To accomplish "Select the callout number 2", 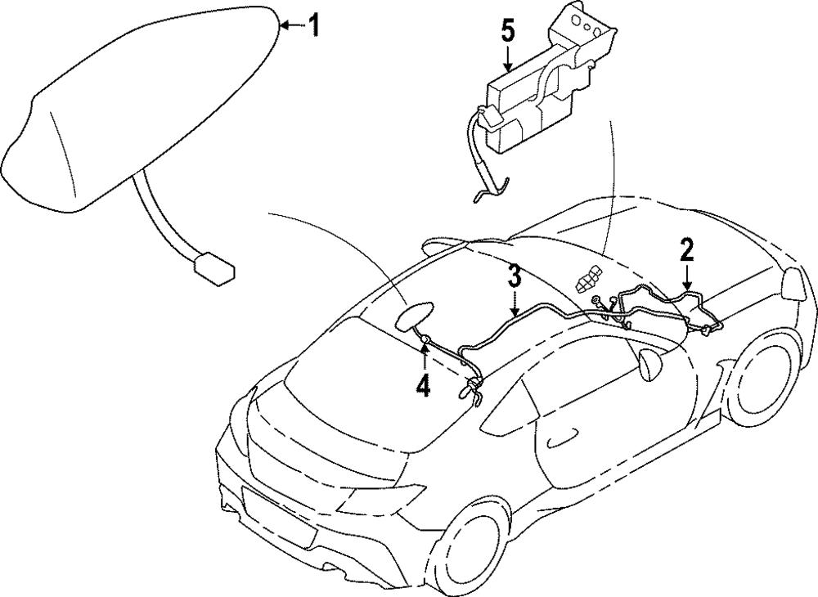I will pyautogui.click(x=686, y=249).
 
